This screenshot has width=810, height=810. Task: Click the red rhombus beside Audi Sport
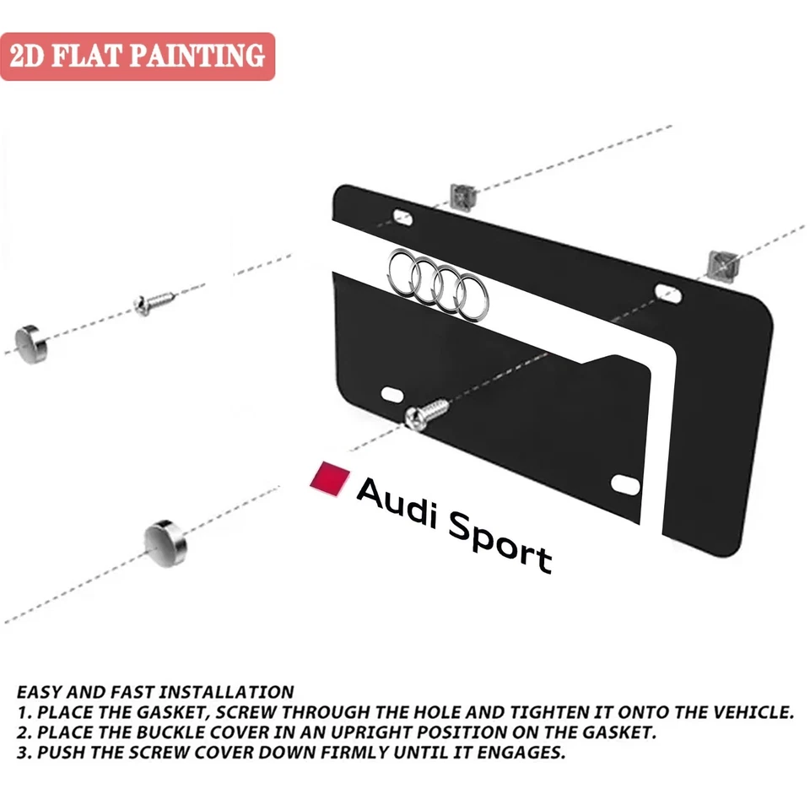(331, 477)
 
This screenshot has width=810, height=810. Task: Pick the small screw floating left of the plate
(154, 300)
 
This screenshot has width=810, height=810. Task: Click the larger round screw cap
(165, 538)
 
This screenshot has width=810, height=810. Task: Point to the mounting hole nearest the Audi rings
(402, 216)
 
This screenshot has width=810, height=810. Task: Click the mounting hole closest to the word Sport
(625, 483)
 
